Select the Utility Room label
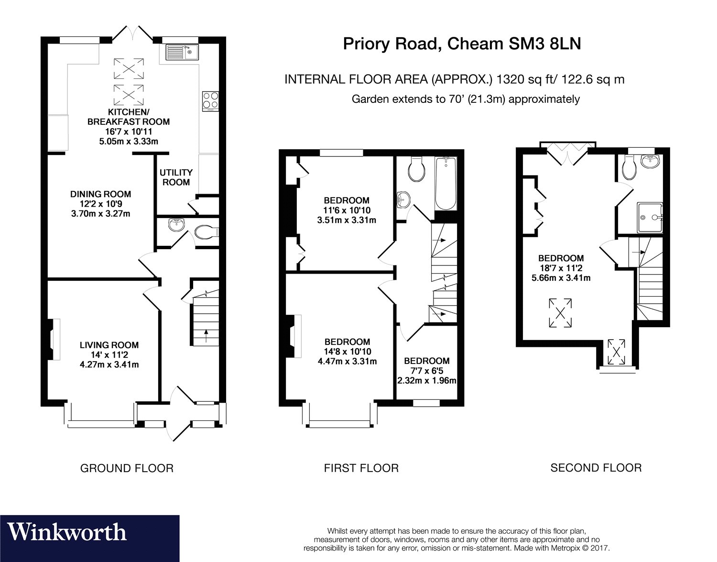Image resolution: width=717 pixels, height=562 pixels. click(176, 177)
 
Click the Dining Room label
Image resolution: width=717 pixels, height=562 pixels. click(100, 194)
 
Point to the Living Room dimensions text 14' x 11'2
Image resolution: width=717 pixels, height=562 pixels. click(109, 355)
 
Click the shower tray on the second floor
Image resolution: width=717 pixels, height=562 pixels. click(650, 217)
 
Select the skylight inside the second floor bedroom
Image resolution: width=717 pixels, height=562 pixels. click(561, 313)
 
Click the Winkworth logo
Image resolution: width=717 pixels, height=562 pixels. click(67, 532)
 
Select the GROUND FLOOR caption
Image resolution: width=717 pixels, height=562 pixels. click(127, 468)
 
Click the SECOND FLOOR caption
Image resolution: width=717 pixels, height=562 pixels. click(596, 468)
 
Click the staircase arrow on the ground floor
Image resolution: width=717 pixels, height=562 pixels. click(206, 336)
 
